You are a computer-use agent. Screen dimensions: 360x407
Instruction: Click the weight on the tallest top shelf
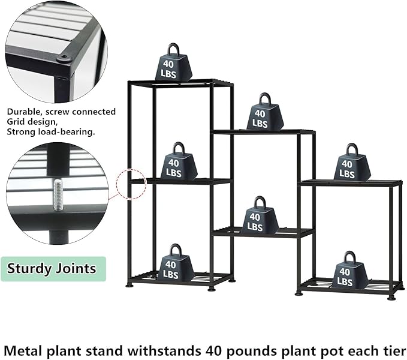coord(174,63)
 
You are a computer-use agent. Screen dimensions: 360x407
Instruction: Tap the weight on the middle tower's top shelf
coord(264,113)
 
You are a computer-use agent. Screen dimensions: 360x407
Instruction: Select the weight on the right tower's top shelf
coord(352,163)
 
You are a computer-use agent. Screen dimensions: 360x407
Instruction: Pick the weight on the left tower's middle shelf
coord(179,163)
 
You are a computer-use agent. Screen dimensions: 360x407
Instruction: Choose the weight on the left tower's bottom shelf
coord(175,264)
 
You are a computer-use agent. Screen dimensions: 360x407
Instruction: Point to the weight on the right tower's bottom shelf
coord(348,272)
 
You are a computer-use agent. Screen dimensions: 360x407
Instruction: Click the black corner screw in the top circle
coord(63,59)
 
